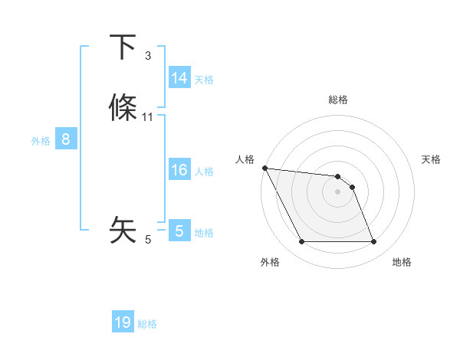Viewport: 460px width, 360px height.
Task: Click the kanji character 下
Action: pos(123,47)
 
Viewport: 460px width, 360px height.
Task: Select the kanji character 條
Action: pos(123,108)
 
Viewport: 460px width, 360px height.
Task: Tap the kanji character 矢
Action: pos(123,230)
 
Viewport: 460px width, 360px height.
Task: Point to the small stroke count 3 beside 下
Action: pos(148,56)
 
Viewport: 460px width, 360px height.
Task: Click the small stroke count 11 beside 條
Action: pos(148,117)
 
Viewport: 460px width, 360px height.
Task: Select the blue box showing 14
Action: pos(179,78)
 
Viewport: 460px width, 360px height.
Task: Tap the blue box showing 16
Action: pos(179,170)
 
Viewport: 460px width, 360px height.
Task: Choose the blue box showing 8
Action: pos(66,139)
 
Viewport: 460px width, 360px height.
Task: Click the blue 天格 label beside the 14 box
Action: pos(204,79)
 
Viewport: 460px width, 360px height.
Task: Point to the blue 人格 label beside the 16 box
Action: pos(204,171)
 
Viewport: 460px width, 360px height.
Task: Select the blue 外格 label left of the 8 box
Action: pos(41,140)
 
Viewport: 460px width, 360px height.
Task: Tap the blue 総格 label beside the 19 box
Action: pos(147,324)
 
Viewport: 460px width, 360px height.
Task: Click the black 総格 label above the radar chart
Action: pos(338,100)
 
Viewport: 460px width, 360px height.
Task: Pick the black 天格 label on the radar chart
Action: pos(431,159)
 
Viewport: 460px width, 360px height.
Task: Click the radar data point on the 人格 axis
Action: pos(264,168)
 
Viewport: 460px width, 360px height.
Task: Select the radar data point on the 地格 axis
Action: pos(373,242)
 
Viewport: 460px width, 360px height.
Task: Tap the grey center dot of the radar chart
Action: pos(338,191)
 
